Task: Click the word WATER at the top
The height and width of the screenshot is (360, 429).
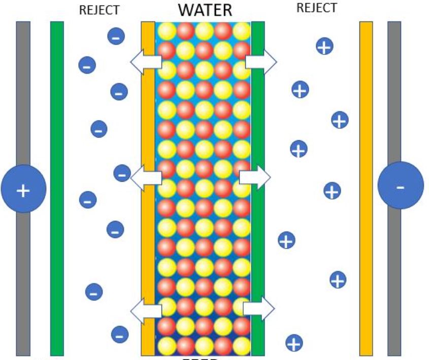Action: click(205, 10)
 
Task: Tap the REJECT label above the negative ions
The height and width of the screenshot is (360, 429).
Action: click(100, 10)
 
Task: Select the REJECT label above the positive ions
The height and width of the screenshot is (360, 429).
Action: click(316, 8)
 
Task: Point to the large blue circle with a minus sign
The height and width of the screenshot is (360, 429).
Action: click(400, 186)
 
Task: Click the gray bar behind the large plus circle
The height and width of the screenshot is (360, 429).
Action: click(23, 102)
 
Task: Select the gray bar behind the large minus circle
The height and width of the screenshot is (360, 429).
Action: click(394, 102)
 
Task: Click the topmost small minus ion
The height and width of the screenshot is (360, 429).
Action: click(116, 36)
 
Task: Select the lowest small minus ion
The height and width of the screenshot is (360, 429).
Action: click(120, 335)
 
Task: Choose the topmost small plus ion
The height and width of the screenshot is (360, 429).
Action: click(324, 46)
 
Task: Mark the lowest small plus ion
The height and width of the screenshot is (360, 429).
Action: click(294, 343)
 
